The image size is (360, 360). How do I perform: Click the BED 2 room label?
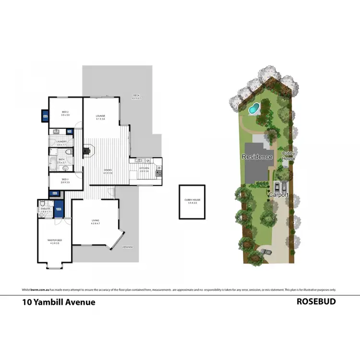(65, 111)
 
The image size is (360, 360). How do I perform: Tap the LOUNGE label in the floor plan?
(100, 116)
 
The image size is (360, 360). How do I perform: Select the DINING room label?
(108, 170)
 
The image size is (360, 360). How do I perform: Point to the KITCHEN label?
(144, 168)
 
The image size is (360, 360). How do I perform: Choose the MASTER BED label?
(54, 240)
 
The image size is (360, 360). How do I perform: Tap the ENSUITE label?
(46, 208)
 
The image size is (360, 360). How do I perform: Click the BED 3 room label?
(65, 179)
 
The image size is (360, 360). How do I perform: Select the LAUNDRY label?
(61, 142)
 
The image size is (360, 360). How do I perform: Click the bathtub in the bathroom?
(52, 163)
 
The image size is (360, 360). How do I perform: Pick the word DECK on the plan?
(136, 96)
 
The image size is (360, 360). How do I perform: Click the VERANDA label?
(127, 247)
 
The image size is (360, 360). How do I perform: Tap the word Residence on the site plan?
(257, 157)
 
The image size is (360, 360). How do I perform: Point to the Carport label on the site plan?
(278, 195)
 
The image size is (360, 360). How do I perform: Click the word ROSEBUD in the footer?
(316, 302)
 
